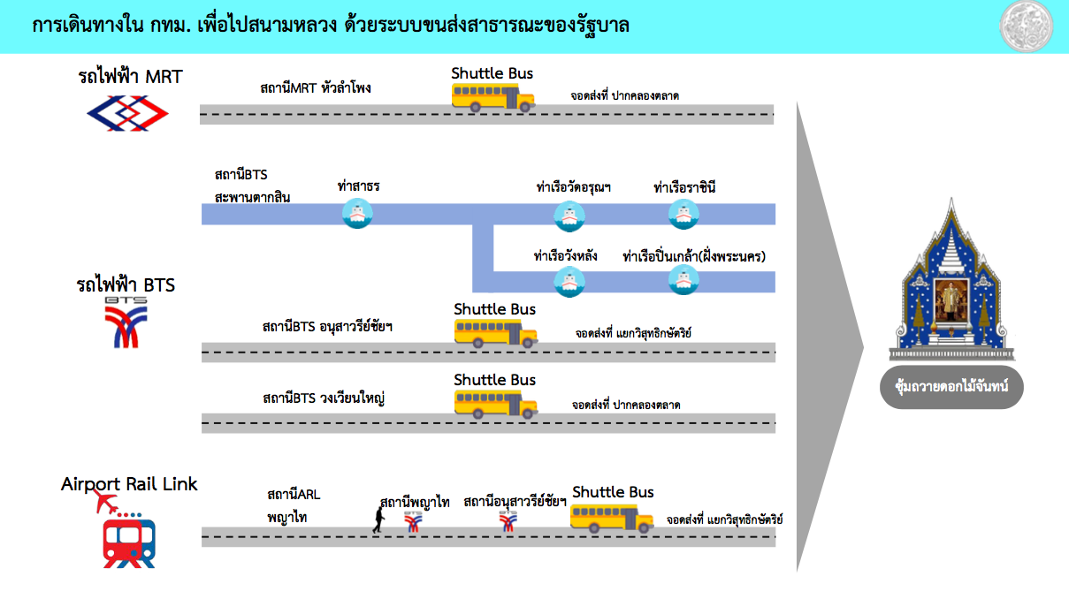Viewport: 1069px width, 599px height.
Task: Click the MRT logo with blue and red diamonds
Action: (127, 113)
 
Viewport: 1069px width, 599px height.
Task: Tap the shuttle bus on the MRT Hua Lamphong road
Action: (493, 97)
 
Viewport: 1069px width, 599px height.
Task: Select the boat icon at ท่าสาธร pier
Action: (357, 214)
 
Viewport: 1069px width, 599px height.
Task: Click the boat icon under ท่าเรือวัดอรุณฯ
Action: (569, 216)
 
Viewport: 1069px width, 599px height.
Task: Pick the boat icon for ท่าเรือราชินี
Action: (683, 214)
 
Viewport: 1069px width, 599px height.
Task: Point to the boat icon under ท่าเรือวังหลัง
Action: (569, 282)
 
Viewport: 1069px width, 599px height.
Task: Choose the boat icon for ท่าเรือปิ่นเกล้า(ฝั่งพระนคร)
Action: (683, 279)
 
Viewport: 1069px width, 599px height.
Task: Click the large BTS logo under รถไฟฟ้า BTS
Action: (126, 322)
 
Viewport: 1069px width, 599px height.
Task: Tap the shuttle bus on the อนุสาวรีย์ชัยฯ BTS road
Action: (496, 333)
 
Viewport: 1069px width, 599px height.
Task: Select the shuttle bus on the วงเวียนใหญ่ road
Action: (496, 404)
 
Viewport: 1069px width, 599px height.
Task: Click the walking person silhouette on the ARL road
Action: (379, 519)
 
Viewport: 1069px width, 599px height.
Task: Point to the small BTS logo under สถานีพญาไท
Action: (413, 522)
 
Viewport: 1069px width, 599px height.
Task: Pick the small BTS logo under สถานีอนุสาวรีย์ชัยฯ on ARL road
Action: (508, 521)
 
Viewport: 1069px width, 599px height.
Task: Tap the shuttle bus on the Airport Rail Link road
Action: (612, 519)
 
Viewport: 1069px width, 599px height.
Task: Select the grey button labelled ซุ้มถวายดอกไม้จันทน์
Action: (951, 387)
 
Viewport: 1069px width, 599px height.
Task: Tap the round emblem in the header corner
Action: (1026, 27)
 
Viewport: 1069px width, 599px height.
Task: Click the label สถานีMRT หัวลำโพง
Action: (316, 88)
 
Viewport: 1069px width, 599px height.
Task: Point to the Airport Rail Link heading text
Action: (129, 484)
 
